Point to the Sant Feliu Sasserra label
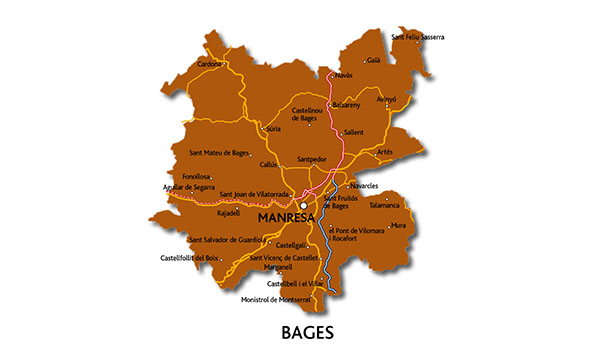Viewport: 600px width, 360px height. pos(418,37)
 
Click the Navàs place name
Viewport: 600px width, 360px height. pos(343,76)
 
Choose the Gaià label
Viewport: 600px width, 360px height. pos(374,60)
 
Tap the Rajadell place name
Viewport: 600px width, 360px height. pos(229,213)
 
